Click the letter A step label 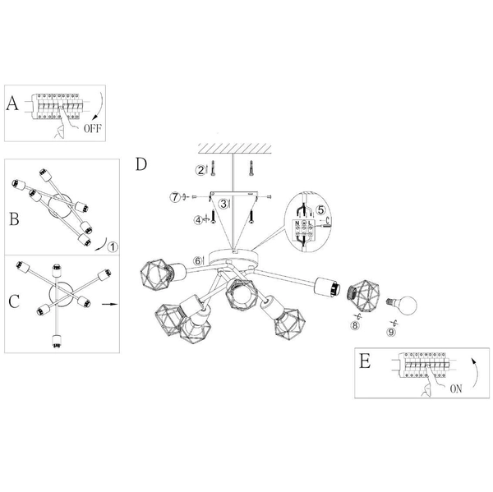pos(12,103)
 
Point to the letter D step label pos(141,163)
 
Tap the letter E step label pos(365,361)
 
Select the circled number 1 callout pos(113,244)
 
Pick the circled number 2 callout pos(200,170)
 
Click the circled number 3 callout pos(223,203)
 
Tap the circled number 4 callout pos(199,219)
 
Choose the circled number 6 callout pos(198,260)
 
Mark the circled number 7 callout pos(174,196)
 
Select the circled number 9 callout pos(392,331)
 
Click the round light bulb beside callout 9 pos(404,306)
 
